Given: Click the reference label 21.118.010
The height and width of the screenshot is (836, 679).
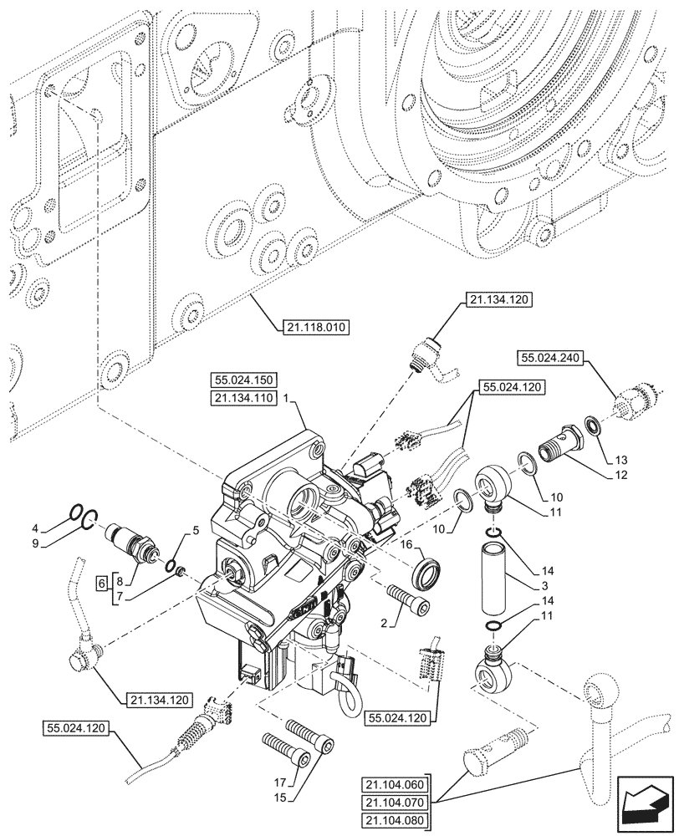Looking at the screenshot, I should point(311,326).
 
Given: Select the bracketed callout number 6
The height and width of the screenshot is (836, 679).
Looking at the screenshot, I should point(101,581).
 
